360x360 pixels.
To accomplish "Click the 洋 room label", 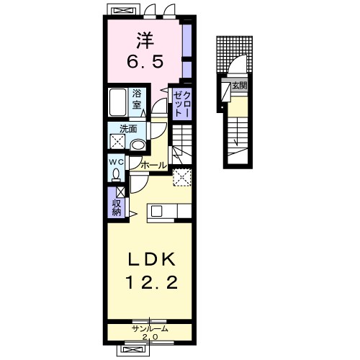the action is point(145,40).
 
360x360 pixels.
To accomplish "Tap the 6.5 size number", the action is point(145,61).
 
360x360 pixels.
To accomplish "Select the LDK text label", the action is point(152,260).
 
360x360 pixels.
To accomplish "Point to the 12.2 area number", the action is point(152,282).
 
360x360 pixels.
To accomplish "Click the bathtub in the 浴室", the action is point(117,102).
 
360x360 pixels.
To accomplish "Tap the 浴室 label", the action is point(137,99).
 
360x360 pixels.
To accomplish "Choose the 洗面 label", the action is point(128,129).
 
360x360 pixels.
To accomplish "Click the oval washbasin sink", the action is point(138,145).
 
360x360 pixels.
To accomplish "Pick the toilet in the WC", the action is point(116,174).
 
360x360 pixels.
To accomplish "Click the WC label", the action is point(117,162).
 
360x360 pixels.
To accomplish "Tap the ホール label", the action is point(154,165).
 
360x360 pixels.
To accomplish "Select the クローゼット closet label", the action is point(182,104).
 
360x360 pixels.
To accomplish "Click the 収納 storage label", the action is point(117,207).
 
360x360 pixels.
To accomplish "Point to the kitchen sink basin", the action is point(157,211).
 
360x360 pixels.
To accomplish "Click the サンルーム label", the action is point(150,329).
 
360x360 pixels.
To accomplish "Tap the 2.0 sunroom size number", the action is point(150,337).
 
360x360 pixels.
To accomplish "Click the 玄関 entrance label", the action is point(240,86).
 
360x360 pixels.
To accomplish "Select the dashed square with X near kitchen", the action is point(182,177).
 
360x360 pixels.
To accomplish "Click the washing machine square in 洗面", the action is point(117,142).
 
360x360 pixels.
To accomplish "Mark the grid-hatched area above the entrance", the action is point(234,54).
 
